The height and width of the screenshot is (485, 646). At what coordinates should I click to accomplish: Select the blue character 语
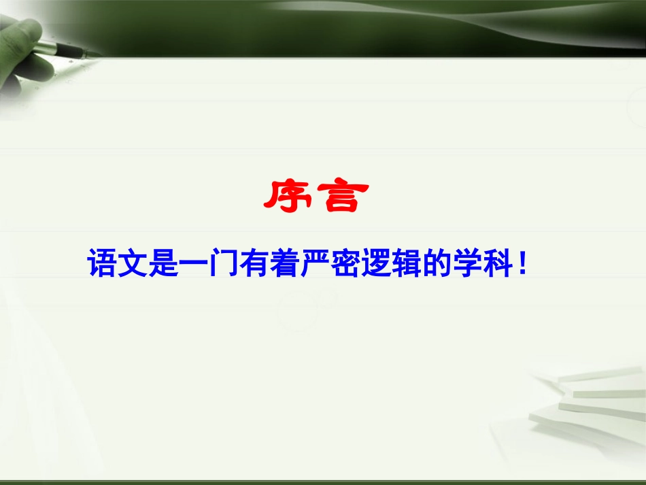[103, 263]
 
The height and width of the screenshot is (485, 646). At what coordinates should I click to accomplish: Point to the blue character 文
[133, 263]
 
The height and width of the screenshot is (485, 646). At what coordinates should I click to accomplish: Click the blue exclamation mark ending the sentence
[522, 263]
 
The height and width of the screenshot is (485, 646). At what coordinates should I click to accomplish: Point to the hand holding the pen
[24, 58]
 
